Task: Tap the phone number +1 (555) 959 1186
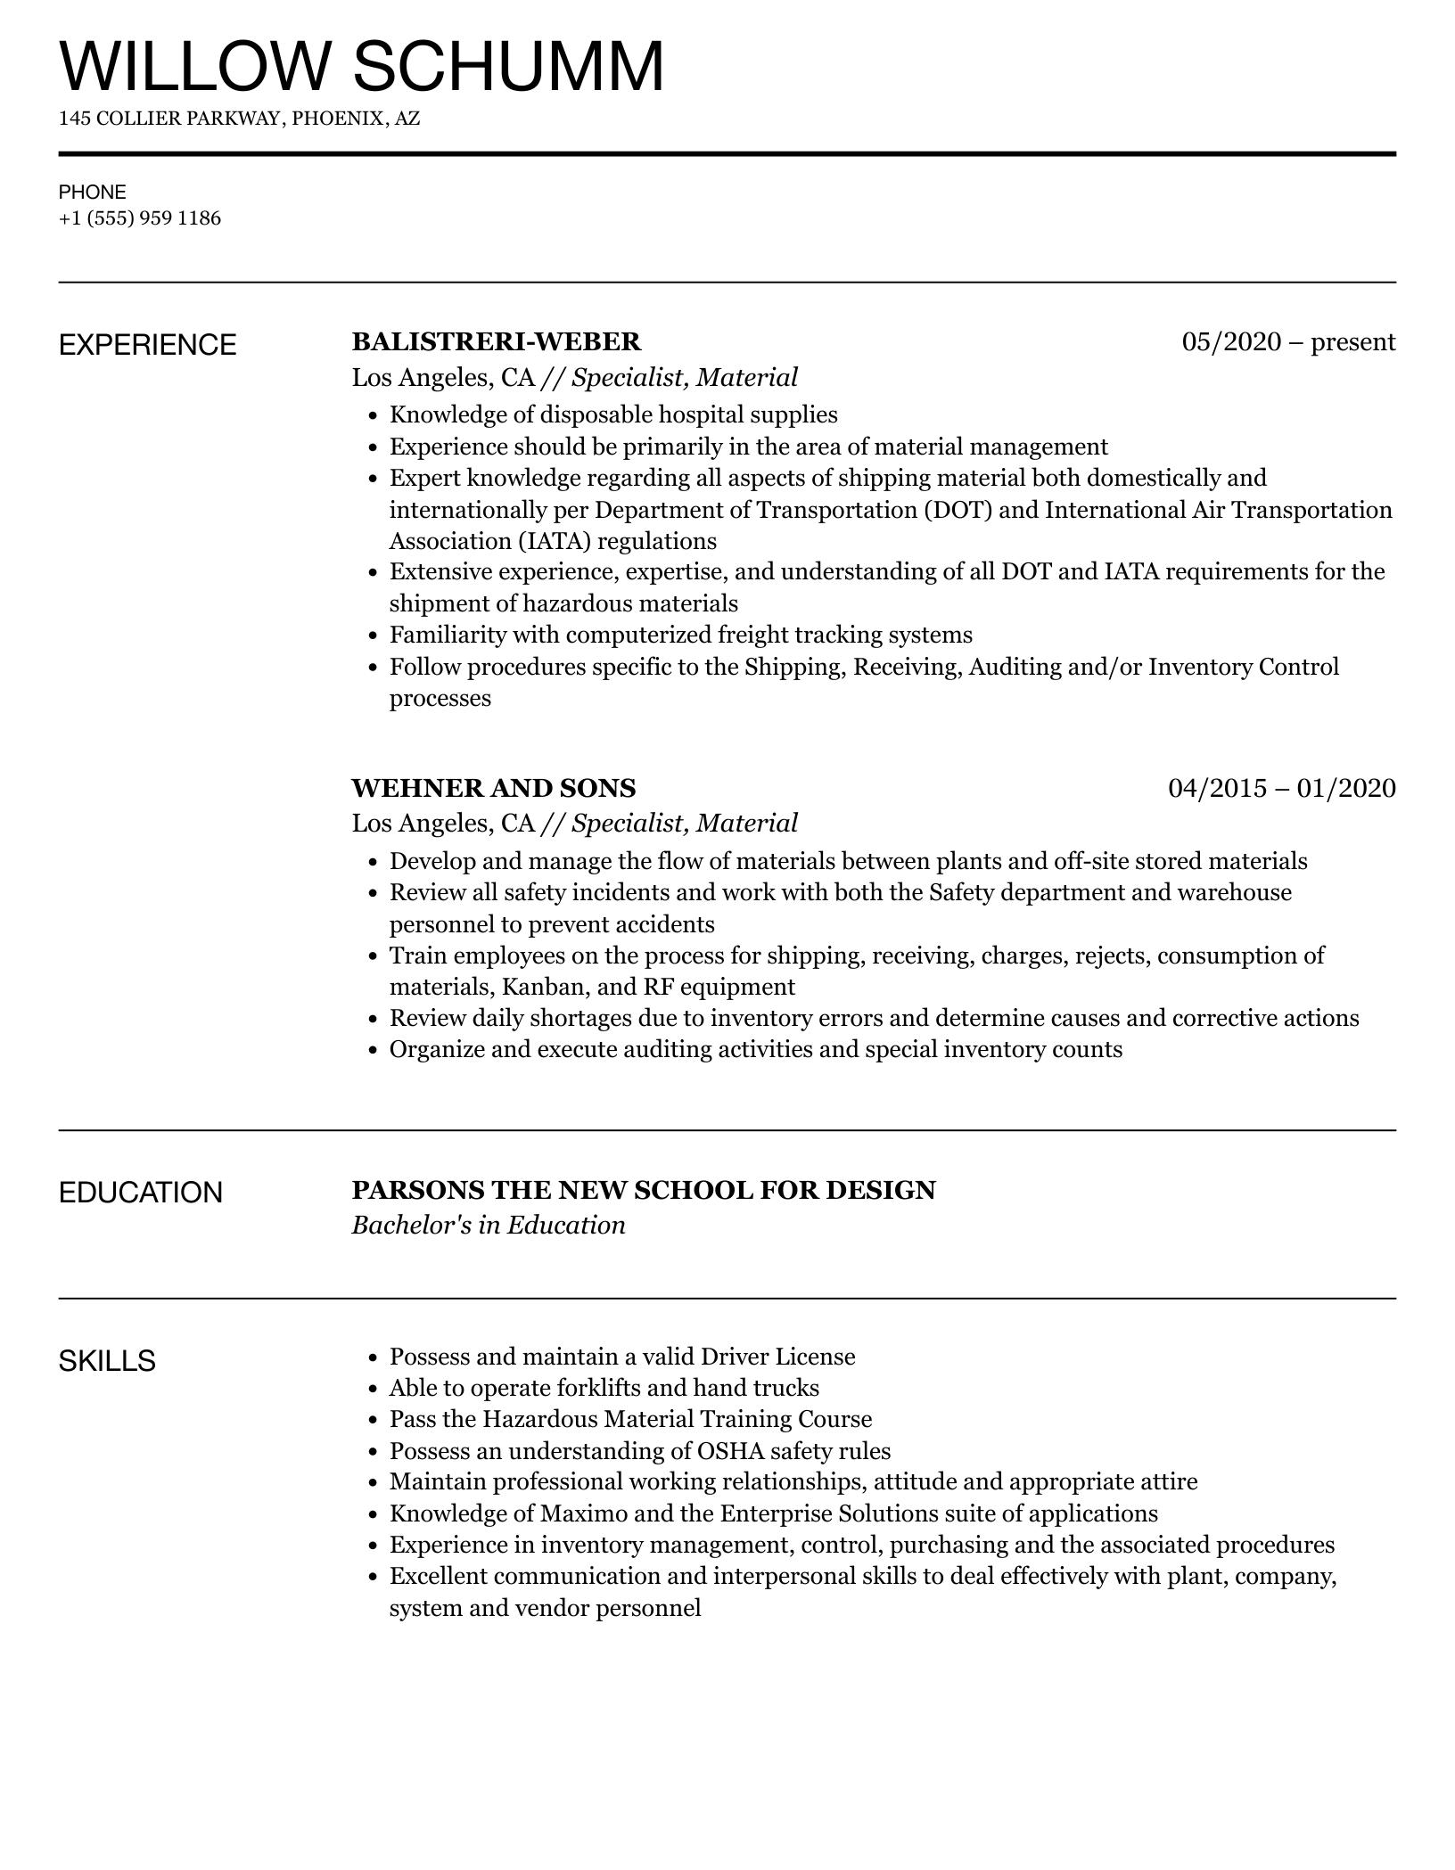140,218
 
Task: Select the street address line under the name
239,119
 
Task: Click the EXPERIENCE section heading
148,345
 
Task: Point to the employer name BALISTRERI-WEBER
497,341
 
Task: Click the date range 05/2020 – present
1288,341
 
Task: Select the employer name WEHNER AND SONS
494,788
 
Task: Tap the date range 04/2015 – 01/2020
1281,788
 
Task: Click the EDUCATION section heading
141,1193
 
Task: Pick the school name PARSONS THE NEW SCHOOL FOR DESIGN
644,1190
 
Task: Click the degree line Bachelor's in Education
489,1225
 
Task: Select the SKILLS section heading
107,1361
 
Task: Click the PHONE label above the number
93,192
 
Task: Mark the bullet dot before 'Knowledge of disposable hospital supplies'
374,415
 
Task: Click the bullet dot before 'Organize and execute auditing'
374,1050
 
